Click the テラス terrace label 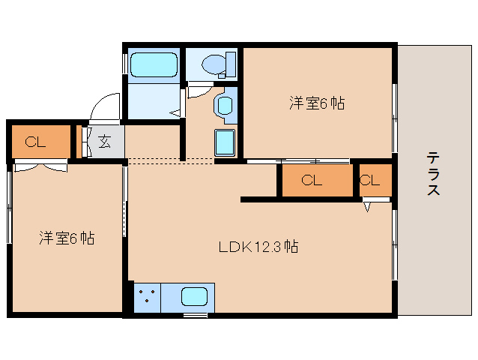point(433,173)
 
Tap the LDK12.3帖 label point(258,246)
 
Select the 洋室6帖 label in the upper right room point(317,103)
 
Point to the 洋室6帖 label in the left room point(67,238)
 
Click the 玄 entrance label point(105,141)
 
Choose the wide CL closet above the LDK point(315,180)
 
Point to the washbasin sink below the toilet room point(224,105)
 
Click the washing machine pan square point(226,142)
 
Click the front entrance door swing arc point(104,106)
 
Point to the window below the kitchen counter point(196,315)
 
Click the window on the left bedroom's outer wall point(9,206)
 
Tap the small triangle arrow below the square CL point(368,206)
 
